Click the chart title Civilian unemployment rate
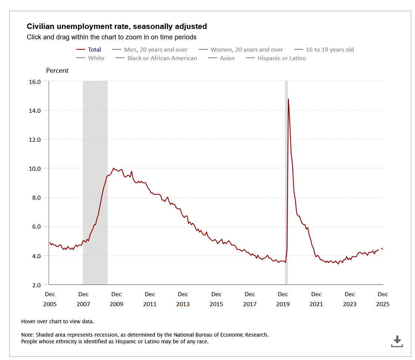pyautogui.click(x=117, y=26)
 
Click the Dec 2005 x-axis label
pyautogui.click(x=50, y=299)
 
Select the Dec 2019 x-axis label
pyautogui.click(x=283, y=299)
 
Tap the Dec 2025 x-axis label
pyautogui.click(x=383, y=299)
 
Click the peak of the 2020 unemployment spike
pyautogui.click(x=288, y=99)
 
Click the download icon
pyautogui.click(x=397, y=341)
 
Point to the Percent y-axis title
pyautogui.click(x=57, y=71)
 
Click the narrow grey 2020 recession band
pyautogui.click(x=286, y=186)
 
